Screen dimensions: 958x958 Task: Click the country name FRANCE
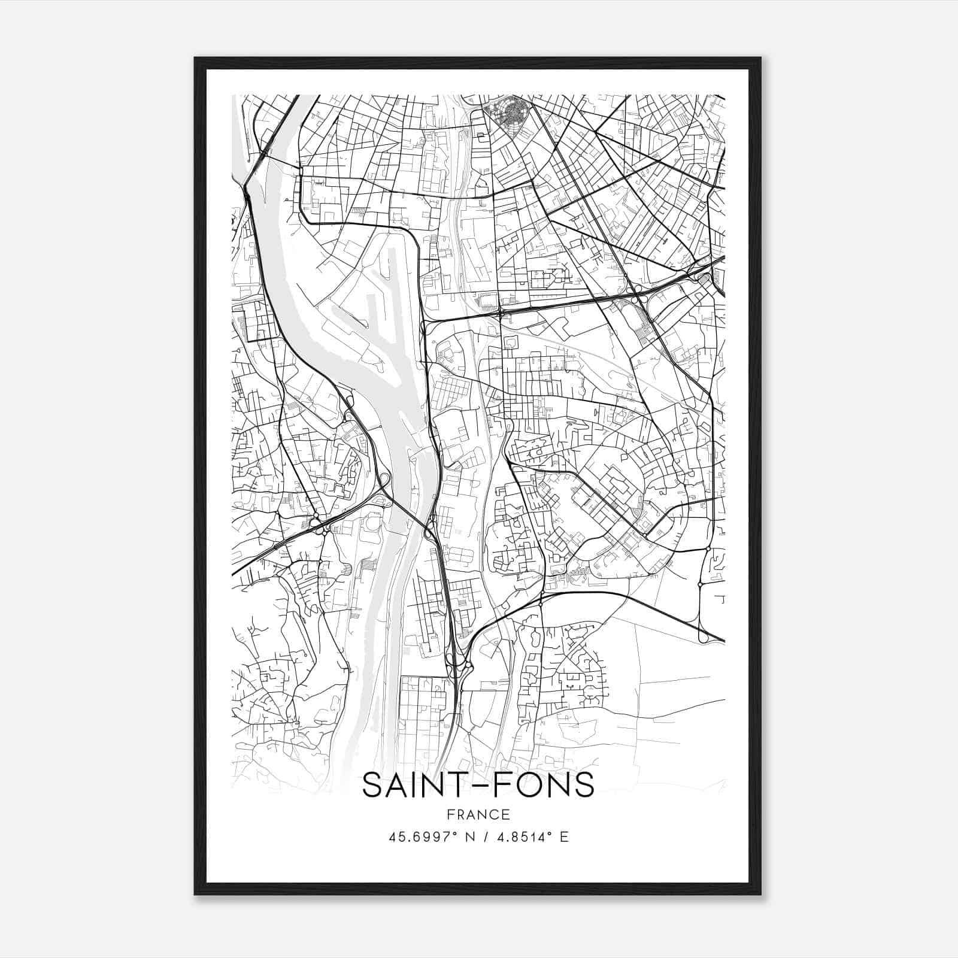478,814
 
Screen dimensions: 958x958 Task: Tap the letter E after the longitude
563,837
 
